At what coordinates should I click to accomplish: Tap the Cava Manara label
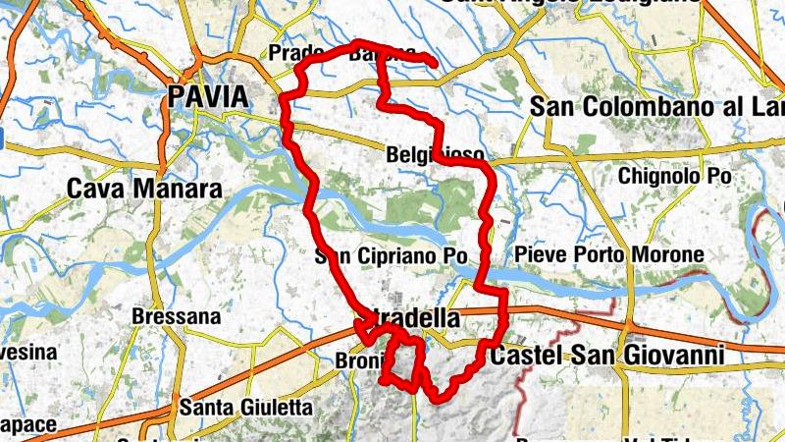pos(143,188)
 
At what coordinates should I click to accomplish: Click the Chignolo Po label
pos(675,176)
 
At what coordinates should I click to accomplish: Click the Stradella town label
pos(412,320)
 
